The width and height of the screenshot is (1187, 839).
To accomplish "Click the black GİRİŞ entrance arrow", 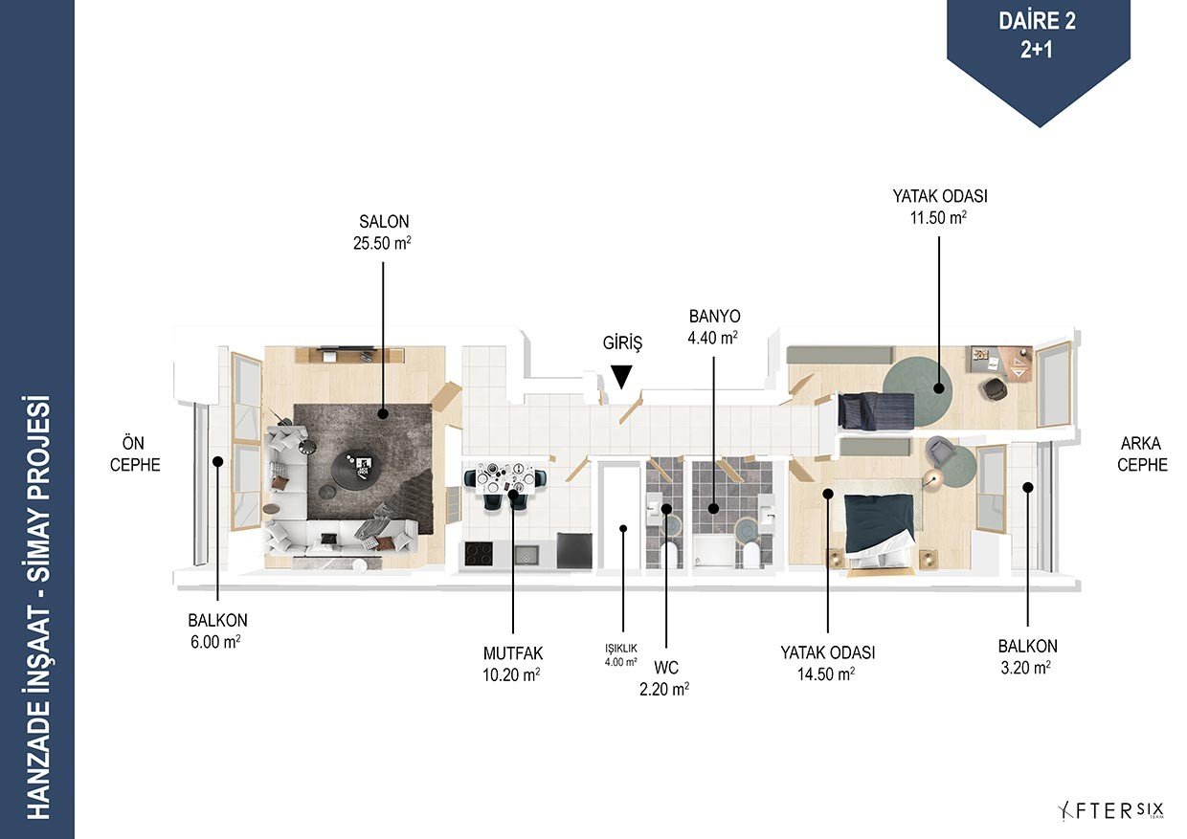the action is point(621,377).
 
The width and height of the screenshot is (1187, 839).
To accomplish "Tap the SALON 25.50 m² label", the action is point(383,232).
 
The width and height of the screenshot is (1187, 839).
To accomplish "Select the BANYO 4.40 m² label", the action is point(714,327).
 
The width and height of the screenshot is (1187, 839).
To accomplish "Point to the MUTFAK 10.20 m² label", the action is point(512,664).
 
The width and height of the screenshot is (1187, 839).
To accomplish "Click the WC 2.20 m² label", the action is point(665,678).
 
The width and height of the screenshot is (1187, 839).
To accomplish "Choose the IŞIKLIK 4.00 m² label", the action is point(621,655).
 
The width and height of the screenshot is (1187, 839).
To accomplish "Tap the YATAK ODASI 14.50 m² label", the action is point(827,663).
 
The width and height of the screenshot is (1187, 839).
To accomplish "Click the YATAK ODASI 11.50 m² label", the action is point(939,207).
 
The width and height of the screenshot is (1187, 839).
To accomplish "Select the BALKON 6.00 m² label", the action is point(217,630).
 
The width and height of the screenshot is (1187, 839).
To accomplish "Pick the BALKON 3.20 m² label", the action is point(1027,657).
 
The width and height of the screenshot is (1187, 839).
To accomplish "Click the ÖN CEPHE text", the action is point(135,453).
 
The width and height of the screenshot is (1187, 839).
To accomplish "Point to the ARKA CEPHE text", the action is point(1142,453).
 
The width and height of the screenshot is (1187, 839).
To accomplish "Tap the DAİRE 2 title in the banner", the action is point(1037,21).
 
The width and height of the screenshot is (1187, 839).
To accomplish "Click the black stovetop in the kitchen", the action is point(479,554).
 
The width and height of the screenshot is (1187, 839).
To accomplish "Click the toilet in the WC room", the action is point(669,555).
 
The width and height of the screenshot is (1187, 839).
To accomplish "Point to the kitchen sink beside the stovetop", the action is point(526,555).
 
